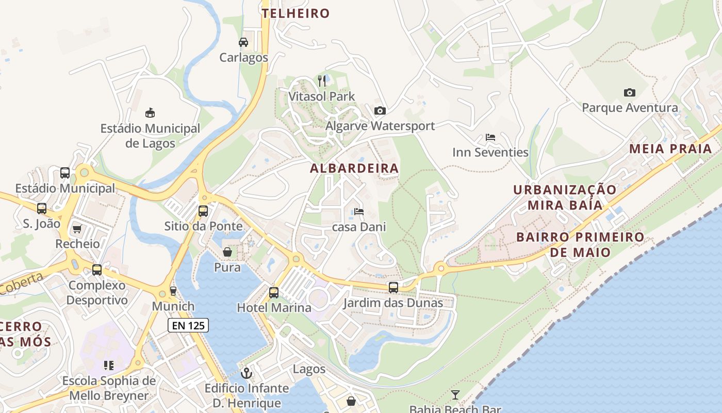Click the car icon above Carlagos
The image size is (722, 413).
[243, 42]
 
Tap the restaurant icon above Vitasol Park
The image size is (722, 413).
[322, 81]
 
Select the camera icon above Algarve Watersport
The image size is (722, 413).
[380, 110]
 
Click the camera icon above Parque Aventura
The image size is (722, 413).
[630, 92]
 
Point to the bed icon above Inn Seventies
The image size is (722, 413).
[490, 137]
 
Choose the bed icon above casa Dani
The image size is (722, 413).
[359, 212]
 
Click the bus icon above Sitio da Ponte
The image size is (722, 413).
[203, 211]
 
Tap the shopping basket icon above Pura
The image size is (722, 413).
[227, 252]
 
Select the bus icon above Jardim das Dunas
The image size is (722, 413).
[393, 288]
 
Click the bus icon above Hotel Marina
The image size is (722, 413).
[274, 292]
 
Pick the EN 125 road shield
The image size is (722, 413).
[188, 325]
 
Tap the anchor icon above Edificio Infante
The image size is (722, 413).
[247, 372]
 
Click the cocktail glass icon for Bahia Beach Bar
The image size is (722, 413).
[455, 395]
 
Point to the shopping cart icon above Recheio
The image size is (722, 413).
[77, 228]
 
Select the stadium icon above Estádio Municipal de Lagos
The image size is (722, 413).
[150, 113]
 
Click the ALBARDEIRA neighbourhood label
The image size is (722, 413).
[354, 168]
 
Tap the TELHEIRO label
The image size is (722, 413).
[296, 13]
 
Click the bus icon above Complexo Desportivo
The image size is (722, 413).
[97, 269]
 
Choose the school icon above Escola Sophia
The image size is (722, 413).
[109, 366]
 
